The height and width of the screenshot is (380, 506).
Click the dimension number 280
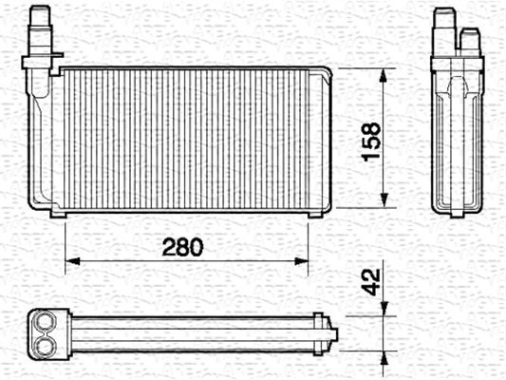pyautogui.click(x=182, y=247)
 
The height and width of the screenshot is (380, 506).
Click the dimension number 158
pyautogui.click(x=371, y=142)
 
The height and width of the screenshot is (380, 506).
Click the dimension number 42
pyautogui.click(x=371, y=282)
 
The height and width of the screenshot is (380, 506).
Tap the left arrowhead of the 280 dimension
pyautogui.click(x=72, y=261)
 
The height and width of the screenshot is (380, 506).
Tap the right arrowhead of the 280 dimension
pyautogui.click(x=301, y=261)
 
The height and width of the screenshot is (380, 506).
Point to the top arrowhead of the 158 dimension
pyautogui.click(x=384, y=76)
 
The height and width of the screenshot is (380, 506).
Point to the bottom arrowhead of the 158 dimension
pyautogui.click(x=384, y=200)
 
